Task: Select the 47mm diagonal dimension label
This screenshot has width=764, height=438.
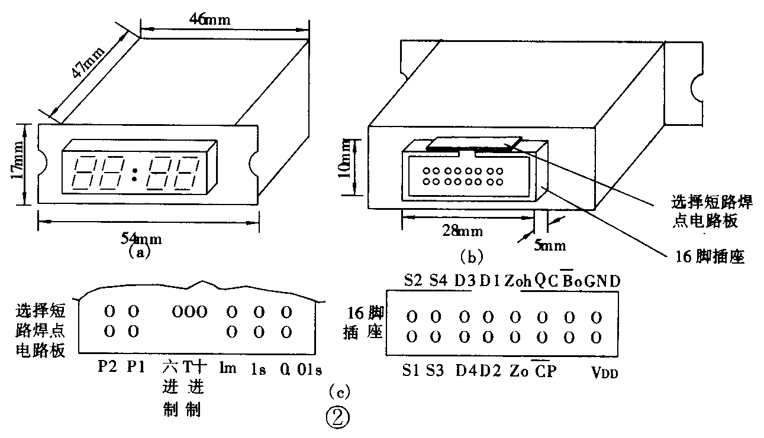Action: [x=86, y=62]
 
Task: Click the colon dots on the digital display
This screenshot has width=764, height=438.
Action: [x=135, y=174]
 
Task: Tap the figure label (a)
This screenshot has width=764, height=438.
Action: [x=140, y=253]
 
